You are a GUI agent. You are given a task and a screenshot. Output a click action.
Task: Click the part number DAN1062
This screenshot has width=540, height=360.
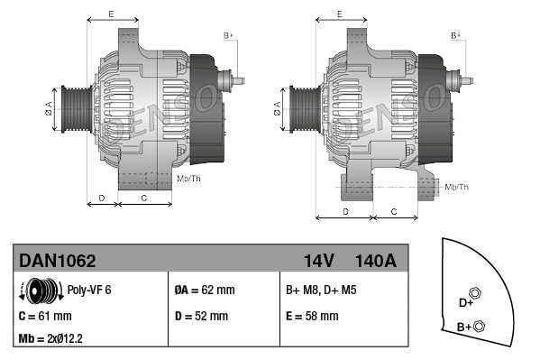click(x=58, y=261)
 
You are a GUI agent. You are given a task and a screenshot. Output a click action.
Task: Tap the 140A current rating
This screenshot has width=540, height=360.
click(x=376, y=261)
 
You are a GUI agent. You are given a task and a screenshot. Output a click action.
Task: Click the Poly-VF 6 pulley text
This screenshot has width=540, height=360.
click(x=89, y=291)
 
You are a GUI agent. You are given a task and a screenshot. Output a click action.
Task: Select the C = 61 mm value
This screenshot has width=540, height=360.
click(x=45, y=317)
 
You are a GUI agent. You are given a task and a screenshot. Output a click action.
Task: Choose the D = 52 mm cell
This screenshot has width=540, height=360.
click(x=201, y=317)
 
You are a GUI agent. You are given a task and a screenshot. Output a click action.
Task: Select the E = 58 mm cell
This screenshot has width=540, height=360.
click(x=312, y=317)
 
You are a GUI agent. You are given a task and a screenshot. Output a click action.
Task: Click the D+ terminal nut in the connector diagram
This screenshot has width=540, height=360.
click(x=477, y=295)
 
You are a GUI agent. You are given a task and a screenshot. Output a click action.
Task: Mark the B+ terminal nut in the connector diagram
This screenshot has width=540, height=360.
click(x=480, y=326)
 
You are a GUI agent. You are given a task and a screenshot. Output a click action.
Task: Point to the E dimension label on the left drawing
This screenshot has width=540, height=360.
click(x=110, y=14)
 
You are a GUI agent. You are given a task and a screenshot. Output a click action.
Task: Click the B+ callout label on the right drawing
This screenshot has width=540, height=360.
click(x=456, y=34)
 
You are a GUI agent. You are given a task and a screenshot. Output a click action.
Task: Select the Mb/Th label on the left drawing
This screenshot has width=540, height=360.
click(x=188, y=178)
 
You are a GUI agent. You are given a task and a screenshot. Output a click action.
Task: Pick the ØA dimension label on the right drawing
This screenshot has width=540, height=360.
click(x=277, y=109)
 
